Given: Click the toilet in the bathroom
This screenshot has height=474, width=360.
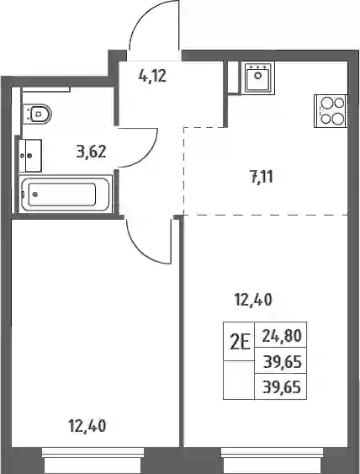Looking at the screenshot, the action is pos(37,114).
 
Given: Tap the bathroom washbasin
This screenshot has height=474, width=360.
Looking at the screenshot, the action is pos(30,156).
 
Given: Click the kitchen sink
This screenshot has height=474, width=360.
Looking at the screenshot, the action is pos(258,77).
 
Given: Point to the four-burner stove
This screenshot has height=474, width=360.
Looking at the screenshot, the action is pos(331,111).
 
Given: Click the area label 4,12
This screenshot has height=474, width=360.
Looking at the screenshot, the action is pos(152,76).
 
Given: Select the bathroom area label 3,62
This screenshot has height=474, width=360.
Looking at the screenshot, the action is pos(91,152).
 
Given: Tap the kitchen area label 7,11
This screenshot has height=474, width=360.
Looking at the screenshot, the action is pos(262,177).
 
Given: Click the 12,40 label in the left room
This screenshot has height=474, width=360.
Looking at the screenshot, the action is pos(87,426).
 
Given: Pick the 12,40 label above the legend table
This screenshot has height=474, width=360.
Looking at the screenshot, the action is pos(253,300).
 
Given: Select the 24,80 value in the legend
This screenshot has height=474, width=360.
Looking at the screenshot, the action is pos(282,335).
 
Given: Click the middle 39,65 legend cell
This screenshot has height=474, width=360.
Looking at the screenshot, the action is pos(282,361).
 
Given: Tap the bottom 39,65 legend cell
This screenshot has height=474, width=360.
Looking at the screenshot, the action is pos(282,387).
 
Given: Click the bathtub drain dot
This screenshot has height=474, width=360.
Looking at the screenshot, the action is pos(35,194).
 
